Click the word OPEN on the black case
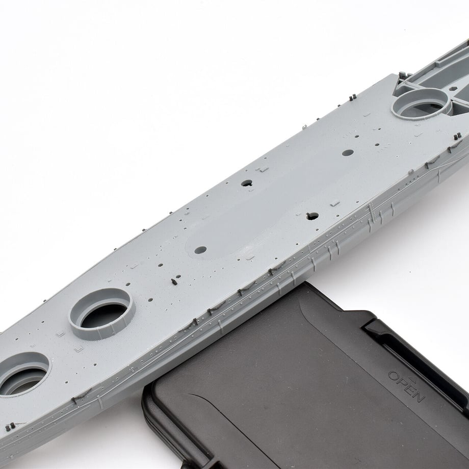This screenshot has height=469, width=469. pyautogui.click(x=406, y=386)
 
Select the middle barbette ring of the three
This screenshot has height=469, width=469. pyautogui.click(x=101, y=314)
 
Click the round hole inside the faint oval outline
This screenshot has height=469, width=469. pyautogui.click(x=200, y=250)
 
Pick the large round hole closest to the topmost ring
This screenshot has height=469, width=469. pyautogui.click(x=348, y=152)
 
